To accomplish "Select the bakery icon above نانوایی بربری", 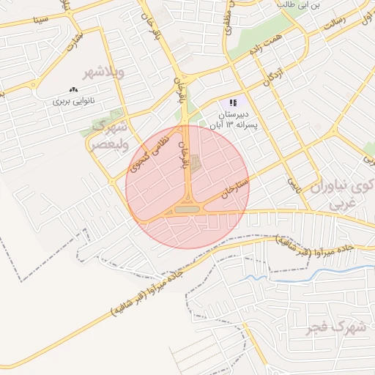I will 73,89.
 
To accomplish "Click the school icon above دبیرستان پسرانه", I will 233,103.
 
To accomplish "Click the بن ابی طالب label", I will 300,5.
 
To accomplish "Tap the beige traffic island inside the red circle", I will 186,210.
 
